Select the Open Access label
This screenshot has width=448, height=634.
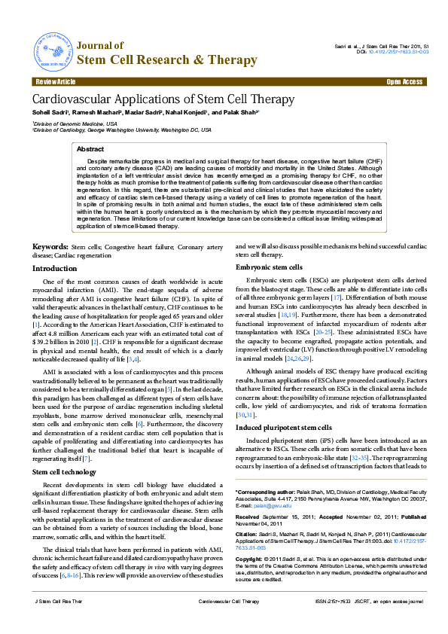pos(404,81)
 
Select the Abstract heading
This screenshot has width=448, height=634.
pos(91,150)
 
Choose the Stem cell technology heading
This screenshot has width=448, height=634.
pos(65,471)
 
